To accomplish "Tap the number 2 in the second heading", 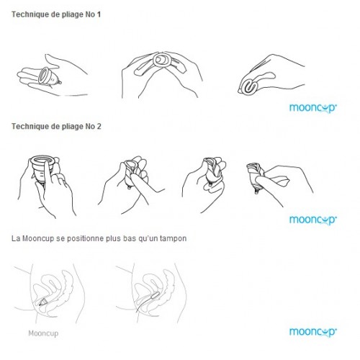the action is pos(99,127).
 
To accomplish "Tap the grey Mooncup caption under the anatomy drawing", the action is pos(43,333).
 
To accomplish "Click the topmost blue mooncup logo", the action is pos(313,108).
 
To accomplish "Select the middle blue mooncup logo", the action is pos(313,220).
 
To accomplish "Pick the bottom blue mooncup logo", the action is pos(313,332).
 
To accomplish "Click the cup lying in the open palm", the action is pos(48,76).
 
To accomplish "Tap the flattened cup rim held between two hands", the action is pos(162,60).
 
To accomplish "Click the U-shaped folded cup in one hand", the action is pos(251,87).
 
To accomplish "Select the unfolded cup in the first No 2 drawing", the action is pos(44,169).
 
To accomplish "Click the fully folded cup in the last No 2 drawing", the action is pos(255,176).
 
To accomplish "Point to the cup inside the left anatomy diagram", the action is pos(43,302).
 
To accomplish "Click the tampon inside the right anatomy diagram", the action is pos(154,297).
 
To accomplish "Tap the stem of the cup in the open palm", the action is pos(59,83).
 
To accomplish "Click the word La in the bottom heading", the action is pos(16,239).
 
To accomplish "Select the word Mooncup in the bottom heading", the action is pos(38,239).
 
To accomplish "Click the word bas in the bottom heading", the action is pos(130,239).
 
